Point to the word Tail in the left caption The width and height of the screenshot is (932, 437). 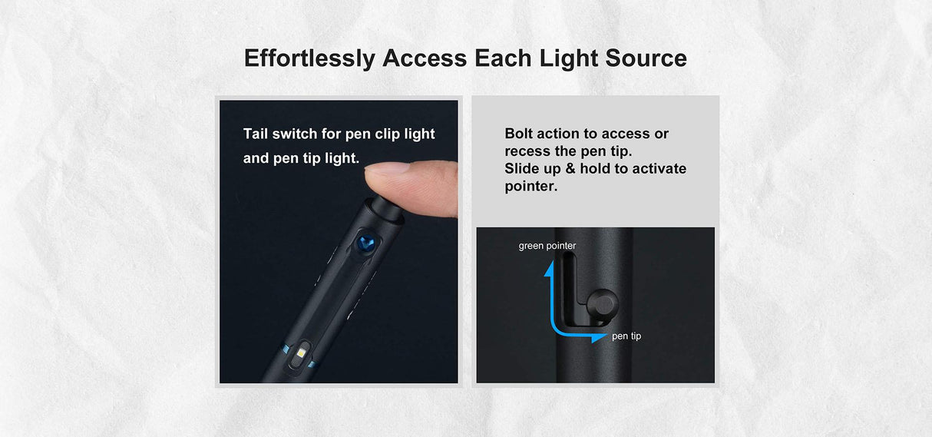pos(258,134)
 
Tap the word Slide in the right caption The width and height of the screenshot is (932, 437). pos(523,169)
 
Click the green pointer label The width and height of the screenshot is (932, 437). pos(547,246)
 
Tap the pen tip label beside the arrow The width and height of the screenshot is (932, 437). pos(626,336)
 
